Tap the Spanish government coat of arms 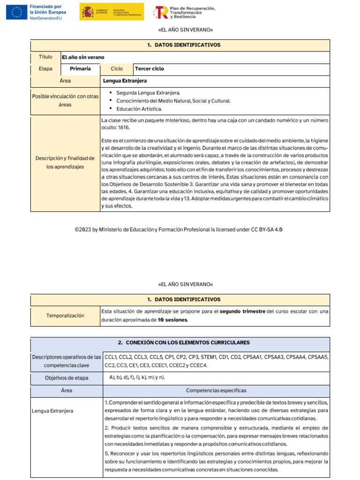click(x=87, y=12)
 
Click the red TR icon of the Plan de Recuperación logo click(x=162, y=12)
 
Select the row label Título click(x=45, y=57)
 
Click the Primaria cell click(x=80, y=69)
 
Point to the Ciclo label click(x=117, y=69)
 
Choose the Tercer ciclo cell click(x=150, y=69)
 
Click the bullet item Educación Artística click(x=139, y=109)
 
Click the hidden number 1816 click(x=125, y=127)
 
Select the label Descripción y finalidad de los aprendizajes click(x=65, y=162)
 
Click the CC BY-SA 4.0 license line click(x=179, y=230)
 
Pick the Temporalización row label click(x=65, y=315)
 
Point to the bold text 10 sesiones click(x=173, y=320)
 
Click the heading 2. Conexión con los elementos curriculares click(x=180, y=343)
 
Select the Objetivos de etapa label click(x=65, y=378)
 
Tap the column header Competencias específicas click(x=216, y=390)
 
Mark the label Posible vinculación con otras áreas click(x=65, y=100)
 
